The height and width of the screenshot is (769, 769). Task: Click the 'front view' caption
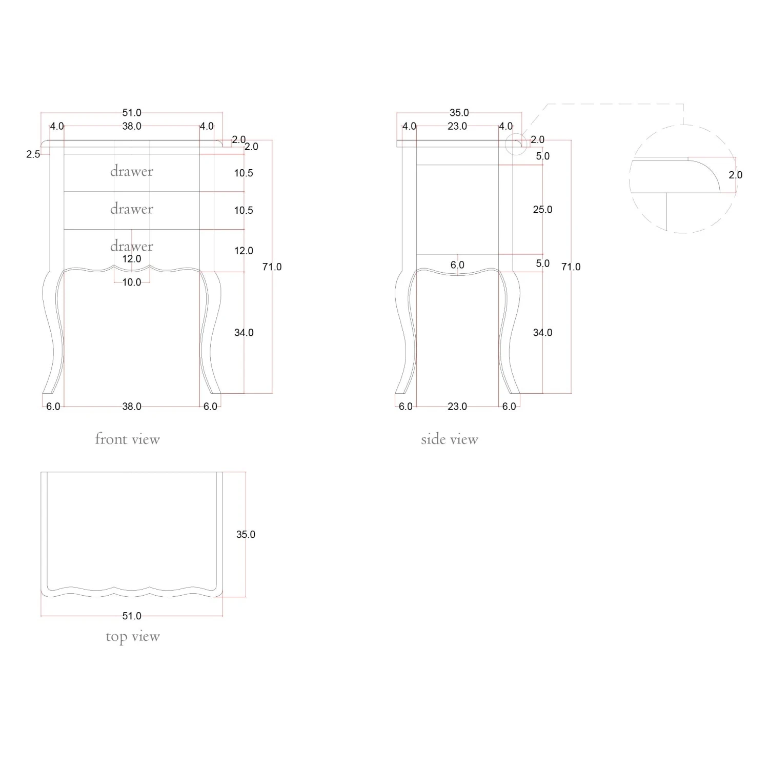[x=127, y=439]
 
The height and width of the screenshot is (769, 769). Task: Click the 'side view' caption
[x=450, y=439]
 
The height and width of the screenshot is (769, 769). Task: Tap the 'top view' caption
[x=133, y=637]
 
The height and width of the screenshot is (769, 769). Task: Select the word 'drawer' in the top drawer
[x=132, y=171]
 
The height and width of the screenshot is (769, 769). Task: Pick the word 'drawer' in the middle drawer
[x=132, y=209]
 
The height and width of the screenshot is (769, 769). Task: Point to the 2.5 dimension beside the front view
[x=33, y=154]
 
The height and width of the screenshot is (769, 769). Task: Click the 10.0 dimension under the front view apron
[x=132, y=282]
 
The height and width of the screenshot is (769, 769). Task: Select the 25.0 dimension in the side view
[x=542, y=210]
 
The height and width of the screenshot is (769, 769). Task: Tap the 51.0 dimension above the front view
[x=132, y=113]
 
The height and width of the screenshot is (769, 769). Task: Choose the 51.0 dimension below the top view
[x=132, y=616]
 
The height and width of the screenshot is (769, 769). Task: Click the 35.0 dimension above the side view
[x=459, y=113]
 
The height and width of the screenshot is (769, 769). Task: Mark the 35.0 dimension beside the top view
[x=246, y=534]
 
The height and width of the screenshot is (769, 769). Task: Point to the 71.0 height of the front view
[x=272, y=267]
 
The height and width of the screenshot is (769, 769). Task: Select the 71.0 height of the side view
[x=571, y=267]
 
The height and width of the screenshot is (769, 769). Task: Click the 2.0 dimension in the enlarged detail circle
[x=735, y=175]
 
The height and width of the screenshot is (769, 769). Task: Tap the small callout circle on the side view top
[x=516, y=144]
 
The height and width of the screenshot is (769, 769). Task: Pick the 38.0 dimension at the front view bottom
[x=132, y=407]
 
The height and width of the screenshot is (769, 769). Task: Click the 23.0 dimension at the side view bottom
[x=457, y=407]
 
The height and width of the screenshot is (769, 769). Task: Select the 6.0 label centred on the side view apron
[x=457, y=265]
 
